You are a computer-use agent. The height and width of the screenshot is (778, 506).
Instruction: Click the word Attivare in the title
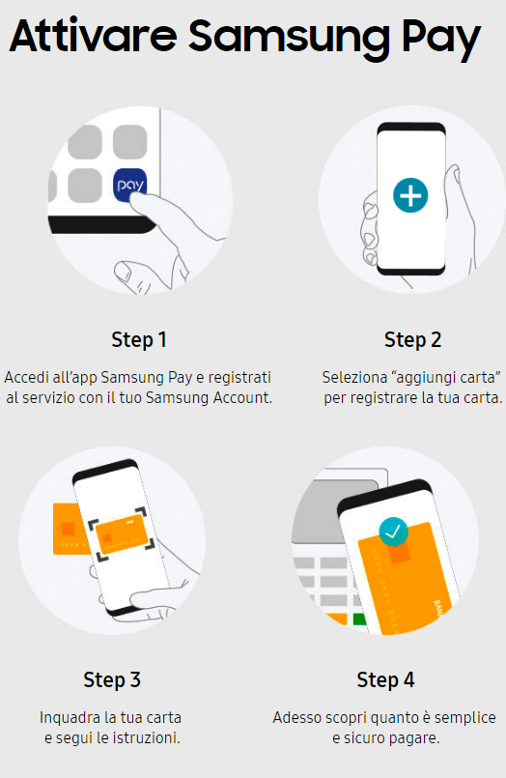pos(93,36)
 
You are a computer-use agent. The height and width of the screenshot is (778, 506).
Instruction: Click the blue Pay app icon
pos(130,185)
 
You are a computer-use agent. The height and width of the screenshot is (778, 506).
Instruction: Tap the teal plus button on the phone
pos(410,195)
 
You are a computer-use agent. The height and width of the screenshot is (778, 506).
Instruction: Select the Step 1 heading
pos(139,340)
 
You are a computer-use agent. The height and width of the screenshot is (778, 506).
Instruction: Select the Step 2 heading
pos(412,340)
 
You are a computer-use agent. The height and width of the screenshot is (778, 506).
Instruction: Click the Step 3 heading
pos(112,679)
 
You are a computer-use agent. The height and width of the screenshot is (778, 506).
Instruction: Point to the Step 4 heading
pos(385,679)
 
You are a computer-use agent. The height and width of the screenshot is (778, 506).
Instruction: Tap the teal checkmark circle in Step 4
pos(393,532)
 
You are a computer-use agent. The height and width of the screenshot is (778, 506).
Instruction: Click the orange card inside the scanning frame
pos(121,534)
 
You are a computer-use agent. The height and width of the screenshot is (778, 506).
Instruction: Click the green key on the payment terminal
pos(359,620)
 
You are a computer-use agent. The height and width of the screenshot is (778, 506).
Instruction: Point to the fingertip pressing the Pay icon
pos(137,202)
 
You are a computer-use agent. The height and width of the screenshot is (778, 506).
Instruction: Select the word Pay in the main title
pos(440,40)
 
